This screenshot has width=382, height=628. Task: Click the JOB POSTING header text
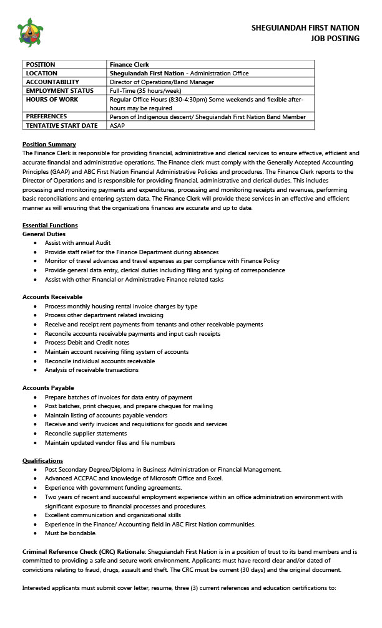point(335,39)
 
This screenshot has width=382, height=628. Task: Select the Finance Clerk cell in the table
point(129,64)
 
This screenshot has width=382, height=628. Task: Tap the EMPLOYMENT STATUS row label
point(60,90)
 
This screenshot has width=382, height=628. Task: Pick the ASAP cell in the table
point(117,125)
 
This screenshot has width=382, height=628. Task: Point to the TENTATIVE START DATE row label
point(62,125)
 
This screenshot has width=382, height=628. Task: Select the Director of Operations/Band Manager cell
point(162,82)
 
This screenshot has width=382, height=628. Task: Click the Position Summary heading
point(49,145)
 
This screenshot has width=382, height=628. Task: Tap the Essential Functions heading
point(50,225)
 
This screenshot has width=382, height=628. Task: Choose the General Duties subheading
point(44,234)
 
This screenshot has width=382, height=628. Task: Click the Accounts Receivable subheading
point(52,297)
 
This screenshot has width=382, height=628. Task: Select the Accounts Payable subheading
point(48,388)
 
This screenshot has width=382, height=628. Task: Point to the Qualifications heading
point(42,460)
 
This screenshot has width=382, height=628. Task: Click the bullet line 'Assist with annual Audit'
point(77,243)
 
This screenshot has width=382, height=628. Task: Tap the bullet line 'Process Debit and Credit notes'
point(87,343)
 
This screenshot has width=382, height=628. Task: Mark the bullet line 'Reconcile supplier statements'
point(86,434)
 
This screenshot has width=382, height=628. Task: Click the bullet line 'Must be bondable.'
point(71,533)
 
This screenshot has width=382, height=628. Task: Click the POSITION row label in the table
point(41,64)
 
